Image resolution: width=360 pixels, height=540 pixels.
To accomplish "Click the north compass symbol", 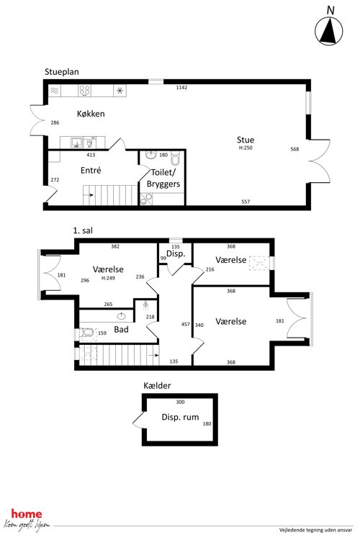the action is click(x=328, y=31).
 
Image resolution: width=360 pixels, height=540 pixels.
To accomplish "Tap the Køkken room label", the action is click(x=91, y=114).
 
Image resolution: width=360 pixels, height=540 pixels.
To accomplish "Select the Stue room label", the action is click(x=246, y=140).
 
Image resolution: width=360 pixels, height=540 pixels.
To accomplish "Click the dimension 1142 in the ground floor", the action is click(x=181, y=87).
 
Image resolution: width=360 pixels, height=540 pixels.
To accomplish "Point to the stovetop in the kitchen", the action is click(x=85, y=91).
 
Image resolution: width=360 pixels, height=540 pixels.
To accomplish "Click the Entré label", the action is click(x=91, y=170).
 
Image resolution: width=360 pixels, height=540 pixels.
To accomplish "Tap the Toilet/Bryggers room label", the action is click(x=163, y=178).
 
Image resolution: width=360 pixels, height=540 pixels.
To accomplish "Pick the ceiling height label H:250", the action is click(x=246, y=148).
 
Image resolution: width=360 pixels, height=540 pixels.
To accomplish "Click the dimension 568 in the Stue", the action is click(x=294, y=149).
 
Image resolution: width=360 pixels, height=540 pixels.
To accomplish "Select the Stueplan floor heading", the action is click(x=62, y=72).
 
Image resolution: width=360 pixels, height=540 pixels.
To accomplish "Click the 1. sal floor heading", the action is click(x=83, y=230).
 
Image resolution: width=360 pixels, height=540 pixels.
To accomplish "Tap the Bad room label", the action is click(x=121, y=330).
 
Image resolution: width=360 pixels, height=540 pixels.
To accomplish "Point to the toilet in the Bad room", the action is click(x=86, y=333).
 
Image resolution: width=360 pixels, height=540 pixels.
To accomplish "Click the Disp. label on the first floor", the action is click(x=176, y=254).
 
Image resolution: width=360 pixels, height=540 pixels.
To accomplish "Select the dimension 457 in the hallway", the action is click(x=185, y=324).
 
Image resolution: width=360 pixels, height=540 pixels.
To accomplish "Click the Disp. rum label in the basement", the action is click(x=180, y=417).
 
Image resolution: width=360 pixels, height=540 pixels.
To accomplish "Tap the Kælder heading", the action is click(x=157, y=386).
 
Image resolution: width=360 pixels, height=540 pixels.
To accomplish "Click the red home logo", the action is click(x=27, y=514).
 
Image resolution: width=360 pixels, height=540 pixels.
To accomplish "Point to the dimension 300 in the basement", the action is click(x=180, y=402).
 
